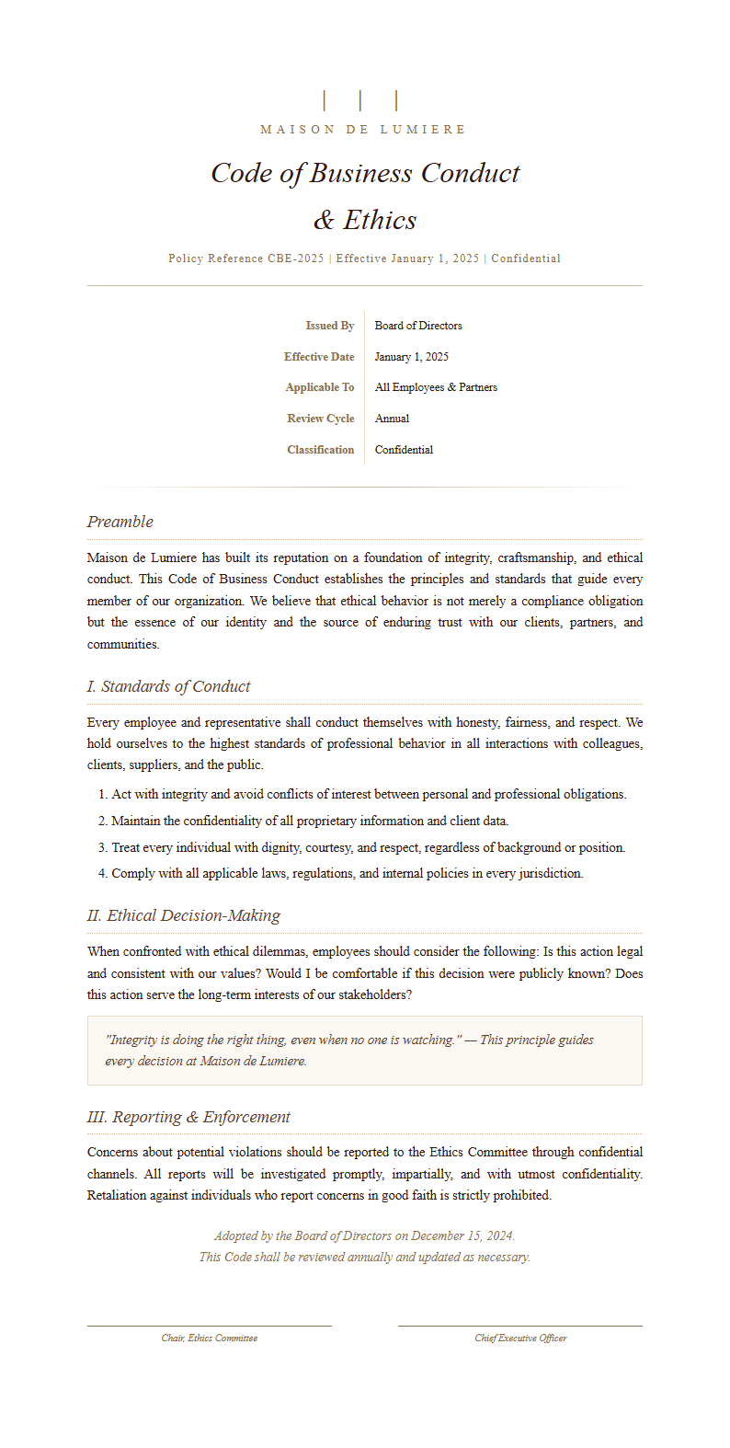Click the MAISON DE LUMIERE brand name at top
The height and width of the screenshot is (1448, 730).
[x=364, y=130]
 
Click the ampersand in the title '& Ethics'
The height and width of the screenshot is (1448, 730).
[x=324, y=221]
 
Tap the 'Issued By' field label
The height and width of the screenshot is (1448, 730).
[x=329, y=326]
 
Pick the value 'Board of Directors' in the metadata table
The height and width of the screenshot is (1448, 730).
[x=418, y=326]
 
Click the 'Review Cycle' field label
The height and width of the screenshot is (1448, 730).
[x=320, y=419]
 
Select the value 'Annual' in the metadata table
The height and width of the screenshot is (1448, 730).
[x=392, y=419]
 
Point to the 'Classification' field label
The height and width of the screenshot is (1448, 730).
[x=320, y=450]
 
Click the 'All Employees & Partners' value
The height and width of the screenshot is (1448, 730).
[x=436, y=387]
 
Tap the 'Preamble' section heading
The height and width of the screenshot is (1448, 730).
[x=120, y=522]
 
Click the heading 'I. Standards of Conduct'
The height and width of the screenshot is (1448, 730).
[x=168, y=686]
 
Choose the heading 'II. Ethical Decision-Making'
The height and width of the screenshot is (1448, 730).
[x=184, y=915]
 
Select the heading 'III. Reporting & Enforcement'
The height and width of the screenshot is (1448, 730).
[x=188, y=1117]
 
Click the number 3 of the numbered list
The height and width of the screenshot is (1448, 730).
[x=103, y=847]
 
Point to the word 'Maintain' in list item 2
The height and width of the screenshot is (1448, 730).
[x=136, y=821]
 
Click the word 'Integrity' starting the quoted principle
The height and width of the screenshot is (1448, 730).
[x=134, y=1040]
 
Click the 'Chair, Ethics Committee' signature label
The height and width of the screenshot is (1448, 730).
[x=210, y=1339]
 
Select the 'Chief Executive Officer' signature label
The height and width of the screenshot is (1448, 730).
[x=520, y=1339]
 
